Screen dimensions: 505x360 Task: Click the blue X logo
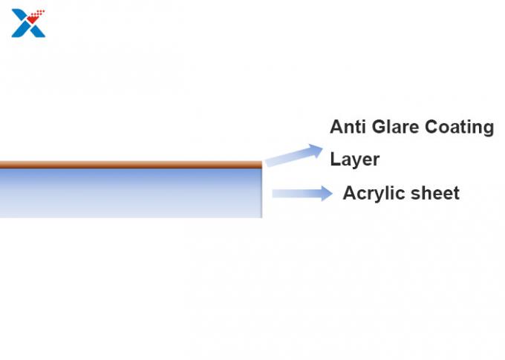point(28,23)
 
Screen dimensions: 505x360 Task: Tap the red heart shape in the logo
point(32,19)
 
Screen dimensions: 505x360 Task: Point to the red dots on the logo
point(40,13)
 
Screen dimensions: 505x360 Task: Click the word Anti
point(348,126)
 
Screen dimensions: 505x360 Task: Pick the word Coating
point(459,127)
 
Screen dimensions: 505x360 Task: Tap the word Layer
point(355,160)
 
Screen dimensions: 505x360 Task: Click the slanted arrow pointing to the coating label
point(294,155)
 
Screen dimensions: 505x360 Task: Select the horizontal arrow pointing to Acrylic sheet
point(302,194)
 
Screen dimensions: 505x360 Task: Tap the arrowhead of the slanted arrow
point(315,151)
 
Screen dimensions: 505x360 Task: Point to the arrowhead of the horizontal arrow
point(327,194)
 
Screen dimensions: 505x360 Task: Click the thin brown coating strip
point(131,165)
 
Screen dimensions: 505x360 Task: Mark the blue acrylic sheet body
point(131,193)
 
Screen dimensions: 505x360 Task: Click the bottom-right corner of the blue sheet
point(262,217)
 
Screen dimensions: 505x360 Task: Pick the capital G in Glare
point(379,126)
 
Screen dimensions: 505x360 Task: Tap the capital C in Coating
point(432,126)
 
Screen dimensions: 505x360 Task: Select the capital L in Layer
point(336,159)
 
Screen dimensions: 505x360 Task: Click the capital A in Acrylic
point(350,193)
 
